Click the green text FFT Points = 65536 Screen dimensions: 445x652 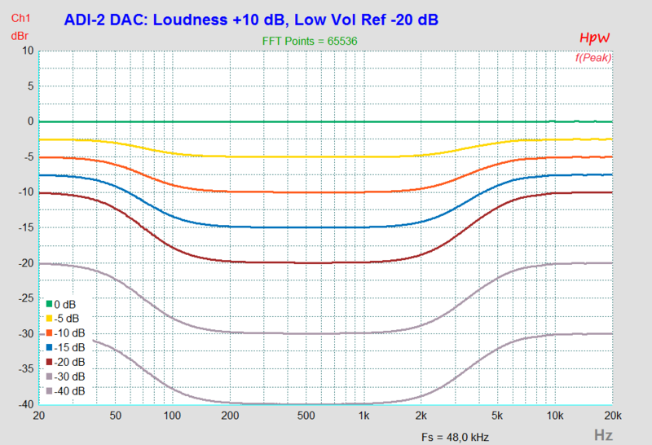(311, 40)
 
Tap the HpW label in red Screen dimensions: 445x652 (595, 38)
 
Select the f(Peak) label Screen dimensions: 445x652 (593, 57)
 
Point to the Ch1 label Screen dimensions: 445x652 (22, 18)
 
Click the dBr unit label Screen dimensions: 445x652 (20, 35)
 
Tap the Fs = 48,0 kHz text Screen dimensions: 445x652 (455, 436)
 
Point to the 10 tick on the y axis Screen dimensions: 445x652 (27, 51)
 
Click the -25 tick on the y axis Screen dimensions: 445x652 (24, 298)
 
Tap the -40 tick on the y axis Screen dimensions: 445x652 (24, 405)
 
